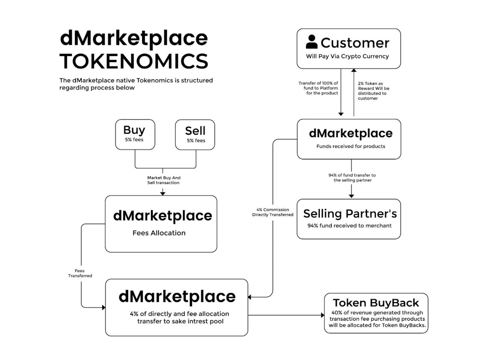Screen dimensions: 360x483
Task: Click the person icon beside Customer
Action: (x=311, y=42)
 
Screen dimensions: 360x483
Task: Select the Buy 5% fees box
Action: (x=135, y=134)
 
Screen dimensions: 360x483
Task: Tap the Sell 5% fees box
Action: (x=195, y=134)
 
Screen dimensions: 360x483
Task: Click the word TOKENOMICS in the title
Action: (x=134, y=61)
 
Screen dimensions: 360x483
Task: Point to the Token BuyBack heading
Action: (x=376, y=303)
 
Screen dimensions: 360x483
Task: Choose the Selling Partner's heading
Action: (x=350, y=214)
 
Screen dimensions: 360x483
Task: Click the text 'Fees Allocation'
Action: (x=159, y=233)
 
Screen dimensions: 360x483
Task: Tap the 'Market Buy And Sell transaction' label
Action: (x=164, y=180)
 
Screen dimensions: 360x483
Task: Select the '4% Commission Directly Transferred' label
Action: (x=273, y=212)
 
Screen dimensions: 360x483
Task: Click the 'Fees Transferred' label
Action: (x=80, y=273)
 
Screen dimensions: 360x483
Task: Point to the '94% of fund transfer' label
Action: (x=352, y=178)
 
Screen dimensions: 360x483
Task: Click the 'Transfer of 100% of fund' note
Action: (x=318, y=88)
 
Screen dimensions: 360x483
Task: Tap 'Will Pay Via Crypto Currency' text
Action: (x=347, y=56)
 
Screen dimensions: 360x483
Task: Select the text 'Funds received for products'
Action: (x=351, y=146)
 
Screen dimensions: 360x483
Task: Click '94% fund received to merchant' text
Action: (x=349, y=226)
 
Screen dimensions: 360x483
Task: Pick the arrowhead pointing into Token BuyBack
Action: (x=323, y=315)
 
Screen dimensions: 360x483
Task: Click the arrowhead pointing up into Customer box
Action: (x=354, y=71)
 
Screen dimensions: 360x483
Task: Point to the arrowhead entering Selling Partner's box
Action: (x=351, y=196)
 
